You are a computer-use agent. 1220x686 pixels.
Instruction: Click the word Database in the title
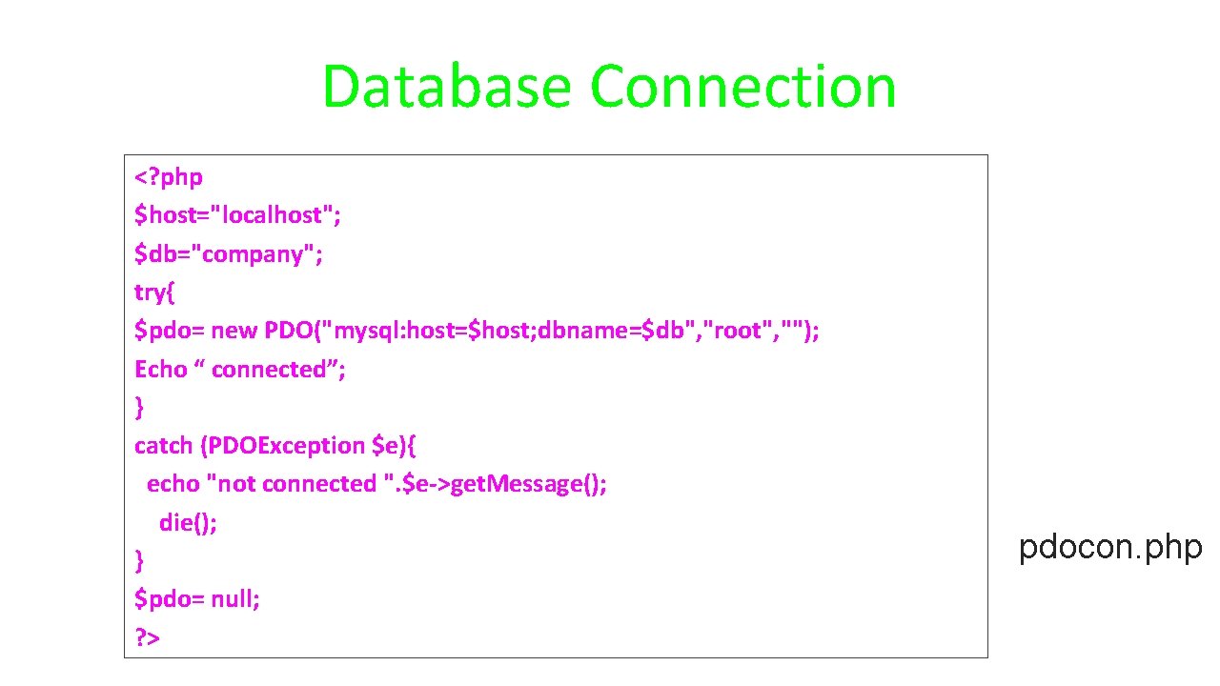click(446, 87)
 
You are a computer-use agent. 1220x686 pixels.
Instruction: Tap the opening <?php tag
click(169, 177)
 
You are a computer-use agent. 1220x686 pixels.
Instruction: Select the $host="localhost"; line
click(237, 215)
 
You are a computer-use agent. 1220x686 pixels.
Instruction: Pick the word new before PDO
click(234, 331)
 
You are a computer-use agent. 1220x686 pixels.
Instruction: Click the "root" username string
click(737, 331)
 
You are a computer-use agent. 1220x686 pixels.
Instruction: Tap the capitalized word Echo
click(161, 369)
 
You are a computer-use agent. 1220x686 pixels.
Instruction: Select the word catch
click(163, 446)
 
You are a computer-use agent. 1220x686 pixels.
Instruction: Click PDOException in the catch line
click(283, 446)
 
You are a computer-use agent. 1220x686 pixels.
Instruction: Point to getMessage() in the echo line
click(528, 484)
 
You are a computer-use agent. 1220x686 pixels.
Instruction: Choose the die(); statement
click(188, 522)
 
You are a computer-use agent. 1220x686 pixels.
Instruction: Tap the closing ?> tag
click(147, 637)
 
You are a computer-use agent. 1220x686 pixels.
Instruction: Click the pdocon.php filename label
click(1110, 548)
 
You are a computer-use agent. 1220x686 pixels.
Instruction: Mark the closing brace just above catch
click(139, 408)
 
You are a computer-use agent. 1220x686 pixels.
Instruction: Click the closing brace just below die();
click(139, 561)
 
